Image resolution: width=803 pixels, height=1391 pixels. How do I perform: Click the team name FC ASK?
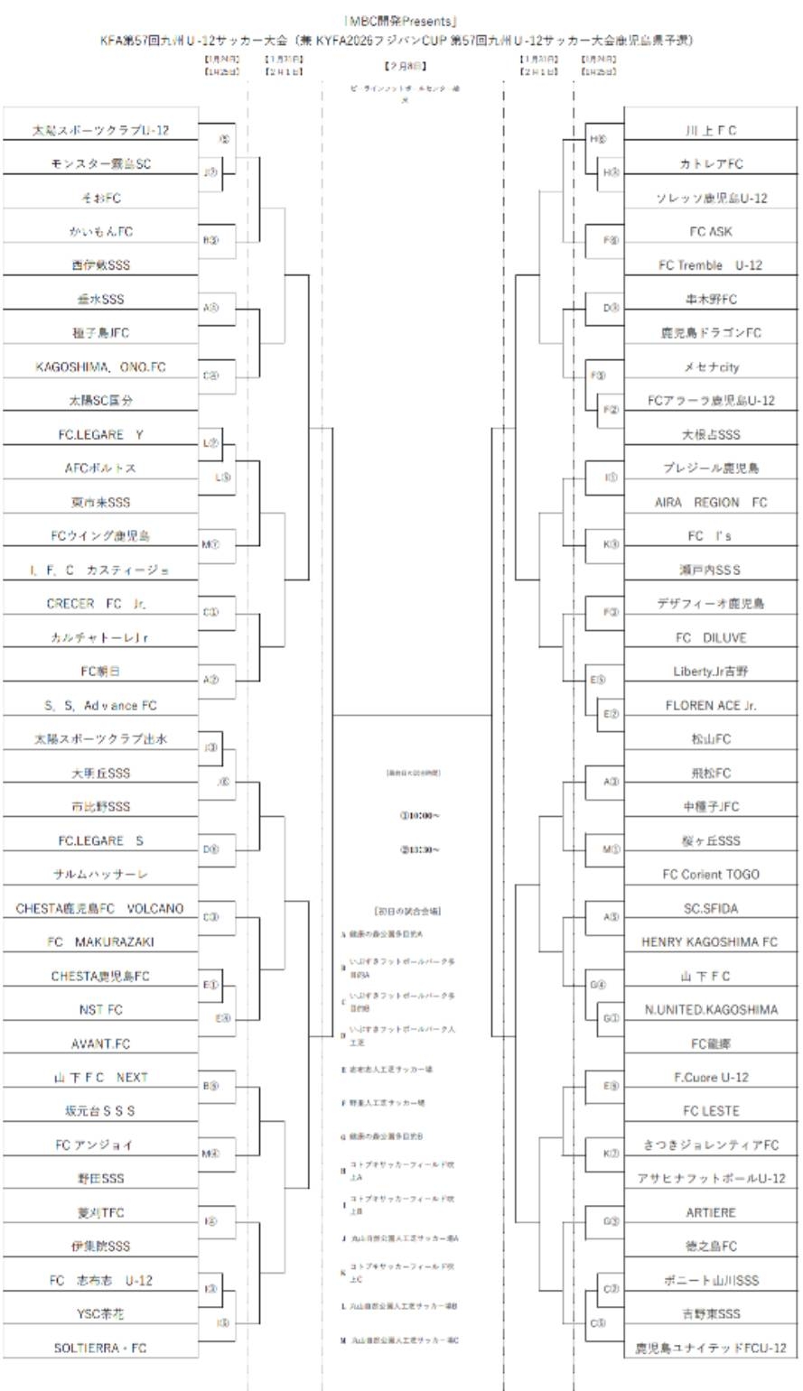[710, 232]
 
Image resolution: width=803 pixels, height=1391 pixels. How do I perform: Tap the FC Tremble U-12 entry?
[710, 265]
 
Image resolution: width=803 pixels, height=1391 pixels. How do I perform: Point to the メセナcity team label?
[710, 367]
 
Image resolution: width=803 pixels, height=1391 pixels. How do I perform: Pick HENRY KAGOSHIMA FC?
[710, 941]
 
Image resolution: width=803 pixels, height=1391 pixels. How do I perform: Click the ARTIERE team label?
[710, 1212]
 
